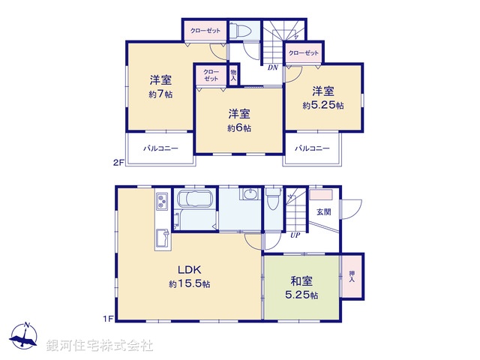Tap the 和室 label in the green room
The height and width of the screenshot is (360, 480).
coord(302,281)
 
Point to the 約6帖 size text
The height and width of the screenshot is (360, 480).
coord(239,128)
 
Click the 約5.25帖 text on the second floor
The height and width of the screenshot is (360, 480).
coord(323,106)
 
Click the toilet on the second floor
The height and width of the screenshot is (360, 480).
coord(241,31)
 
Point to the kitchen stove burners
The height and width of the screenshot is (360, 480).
coord(162,202)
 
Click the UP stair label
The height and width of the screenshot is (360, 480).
coord(296,235)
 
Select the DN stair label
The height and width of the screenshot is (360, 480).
coord(273,67)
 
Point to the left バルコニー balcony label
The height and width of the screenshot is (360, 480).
coord(160,148)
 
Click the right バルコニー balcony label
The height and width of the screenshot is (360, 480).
coord(312,148)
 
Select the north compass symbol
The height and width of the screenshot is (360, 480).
coord(25,337)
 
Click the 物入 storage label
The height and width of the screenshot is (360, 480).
coord(233,74)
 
